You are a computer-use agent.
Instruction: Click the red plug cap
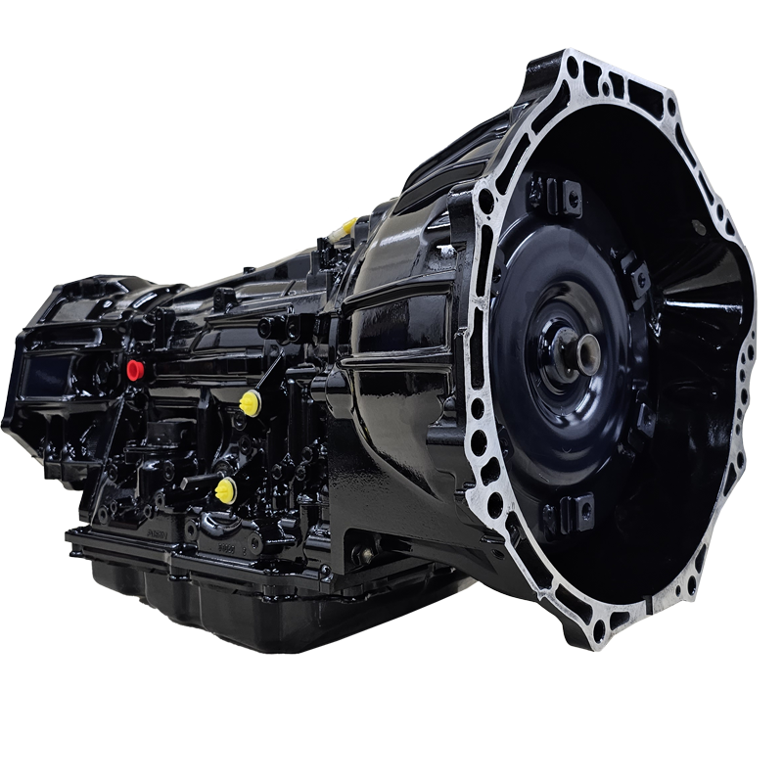(135, 370)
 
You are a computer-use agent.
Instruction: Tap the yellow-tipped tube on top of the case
(348, 228)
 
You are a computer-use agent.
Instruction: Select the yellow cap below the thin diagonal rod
(251, 402)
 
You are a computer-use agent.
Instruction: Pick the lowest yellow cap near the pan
(226, 490)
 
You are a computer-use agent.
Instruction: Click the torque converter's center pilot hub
(586, 353)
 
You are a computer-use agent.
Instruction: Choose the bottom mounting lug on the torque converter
(572, 513)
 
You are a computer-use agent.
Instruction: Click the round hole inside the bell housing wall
(698, 227)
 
